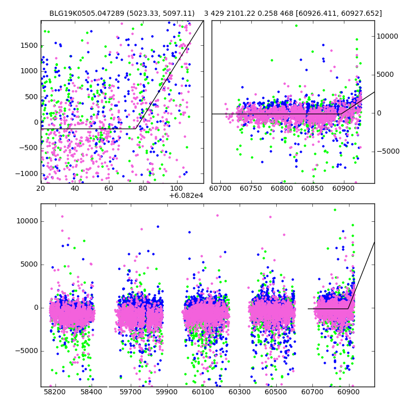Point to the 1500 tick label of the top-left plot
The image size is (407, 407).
pyautogui.click(x=29, y=46)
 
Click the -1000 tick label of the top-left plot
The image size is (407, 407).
pyautogui.click(x=27, y=173)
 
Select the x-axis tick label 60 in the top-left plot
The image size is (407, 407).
pyautogui.click(x=109, y=188)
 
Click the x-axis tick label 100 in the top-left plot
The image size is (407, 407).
pyautogui.click(x=177, y=188)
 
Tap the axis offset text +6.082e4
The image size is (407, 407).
pyautogui.click(x=186, y=195)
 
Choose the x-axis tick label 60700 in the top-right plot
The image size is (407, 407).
pyautogui.click(x=221, y=188)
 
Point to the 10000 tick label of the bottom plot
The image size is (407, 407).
pyautogui.click(x=27, y=221)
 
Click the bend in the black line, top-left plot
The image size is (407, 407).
pyautogui.click(x=136, y=129)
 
